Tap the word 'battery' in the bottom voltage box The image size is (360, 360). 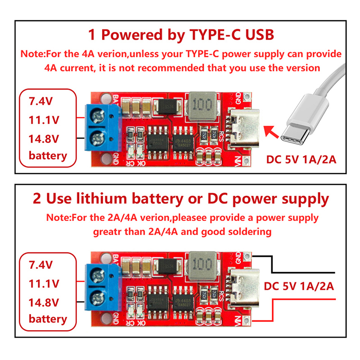pos(47,319)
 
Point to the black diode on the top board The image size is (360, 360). pos(167,106)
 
